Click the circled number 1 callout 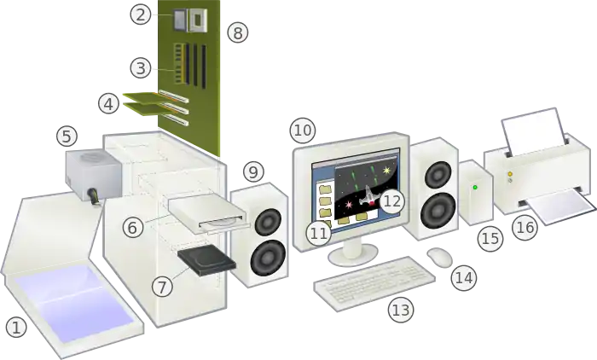coord(16,328)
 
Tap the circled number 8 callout coord(238,32)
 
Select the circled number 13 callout coord(401,310)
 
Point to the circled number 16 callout coord(525,228)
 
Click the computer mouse coord(440,257)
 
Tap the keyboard coord(374,283)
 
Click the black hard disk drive coord(206,260)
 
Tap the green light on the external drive coord(475,188)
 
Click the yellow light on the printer coord(510,174)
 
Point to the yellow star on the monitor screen coord(387,171)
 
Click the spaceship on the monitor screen coord(368,195)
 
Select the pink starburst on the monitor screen coord(348,205)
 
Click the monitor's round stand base coord(352,255)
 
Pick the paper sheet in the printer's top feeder coord(533,132)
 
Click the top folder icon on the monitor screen coord(326,189)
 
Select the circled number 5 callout coord(67,136)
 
